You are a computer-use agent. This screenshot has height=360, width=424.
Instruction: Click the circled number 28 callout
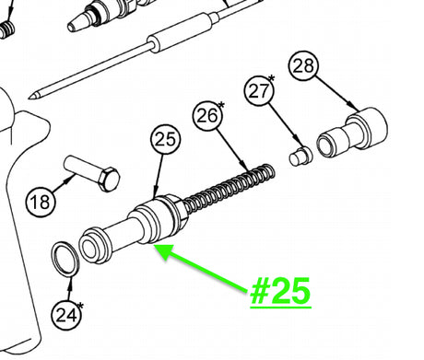pos(303,65)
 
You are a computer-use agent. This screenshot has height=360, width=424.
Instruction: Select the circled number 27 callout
pos(259,90)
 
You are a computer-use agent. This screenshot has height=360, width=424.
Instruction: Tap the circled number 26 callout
pos(207,116)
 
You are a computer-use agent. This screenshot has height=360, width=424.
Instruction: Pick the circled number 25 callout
pos(165,139)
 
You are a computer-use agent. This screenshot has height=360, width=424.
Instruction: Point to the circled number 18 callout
pos(41,202)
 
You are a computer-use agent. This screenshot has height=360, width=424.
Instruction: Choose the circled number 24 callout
pos(66,315)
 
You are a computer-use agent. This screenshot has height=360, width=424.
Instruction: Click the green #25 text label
pos(280,292)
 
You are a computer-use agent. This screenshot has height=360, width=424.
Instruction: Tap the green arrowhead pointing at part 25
pos(164,250)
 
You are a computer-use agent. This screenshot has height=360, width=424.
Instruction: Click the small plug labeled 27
pos(300,156)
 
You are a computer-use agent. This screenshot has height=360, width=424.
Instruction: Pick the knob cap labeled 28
pos(352,133)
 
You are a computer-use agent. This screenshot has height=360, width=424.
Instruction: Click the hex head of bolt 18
pos(109,180)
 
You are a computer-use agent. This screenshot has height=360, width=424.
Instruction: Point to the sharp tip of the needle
pos(29,98)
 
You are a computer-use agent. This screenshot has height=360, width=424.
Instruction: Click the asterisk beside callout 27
pos(271,78)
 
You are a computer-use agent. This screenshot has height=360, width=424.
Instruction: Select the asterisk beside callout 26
pos(221,106)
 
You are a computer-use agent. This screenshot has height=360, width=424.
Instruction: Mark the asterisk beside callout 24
pos(80,306)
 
